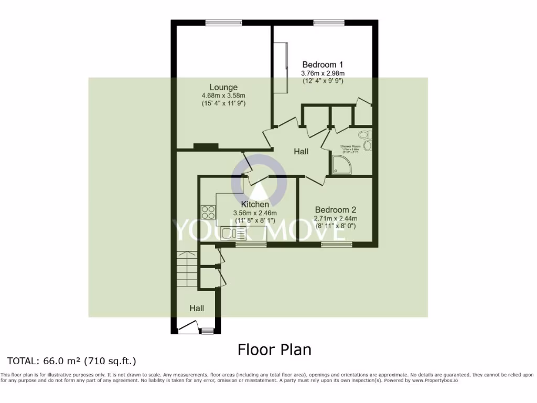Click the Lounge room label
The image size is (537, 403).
tap(223, 87)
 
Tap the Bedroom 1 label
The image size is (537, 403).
tap(323, 65)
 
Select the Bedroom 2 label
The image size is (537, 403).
tap(335, 209)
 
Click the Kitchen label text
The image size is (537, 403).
tap(255, 204)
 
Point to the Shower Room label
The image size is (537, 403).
tap(351, 146)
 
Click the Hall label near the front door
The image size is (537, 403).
tap(197, 309)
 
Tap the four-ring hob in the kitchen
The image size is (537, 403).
tap(208, 213)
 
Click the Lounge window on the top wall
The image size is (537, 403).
tap(223, 22)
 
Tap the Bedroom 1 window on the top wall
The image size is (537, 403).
tap(329, 22)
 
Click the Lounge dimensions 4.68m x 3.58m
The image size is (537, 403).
tap(223, 96)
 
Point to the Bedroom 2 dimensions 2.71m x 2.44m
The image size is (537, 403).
tap(335, 218)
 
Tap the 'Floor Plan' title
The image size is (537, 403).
tap(274, 349)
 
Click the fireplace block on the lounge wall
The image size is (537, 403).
tap(206, 146)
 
